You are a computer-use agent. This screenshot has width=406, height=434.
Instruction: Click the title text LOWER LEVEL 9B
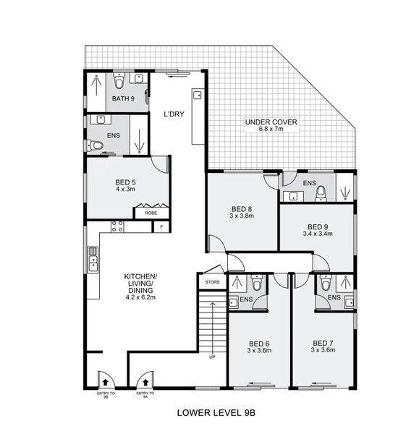pyautogui.click(x=216, y=414)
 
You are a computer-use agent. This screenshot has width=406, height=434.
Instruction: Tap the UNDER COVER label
pyautogui.click(x=270, y=122)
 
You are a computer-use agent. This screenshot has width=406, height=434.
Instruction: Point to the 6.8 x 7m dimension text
pyautogui.click(x=270, y=129)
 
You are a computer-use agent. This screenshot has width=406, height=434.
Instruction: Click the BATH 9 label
pyautogui.click(x=122, y=98)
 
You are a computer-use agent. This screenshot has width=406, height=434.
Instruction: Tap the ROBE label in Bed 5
pyautogui.click(x=151, y=213)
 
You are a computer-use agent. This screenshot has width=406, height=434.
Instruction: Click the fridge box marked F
pyautogui.click(x=161, y=227)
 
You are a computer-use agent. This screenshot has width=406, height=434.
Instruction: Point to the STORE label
pyautogui.click(x=212, y=281)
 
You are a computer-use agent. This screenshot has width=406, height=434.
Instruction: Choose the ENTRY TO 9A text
pyautogui.click(x=145, y=394)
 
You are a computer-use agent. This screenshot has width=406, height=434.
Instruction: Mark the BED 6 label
pyautogui.click(x=258, y=343)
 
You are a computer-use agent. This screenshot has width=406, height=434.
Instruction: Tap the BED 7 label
pyautogui.click(x=323, y=343)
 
